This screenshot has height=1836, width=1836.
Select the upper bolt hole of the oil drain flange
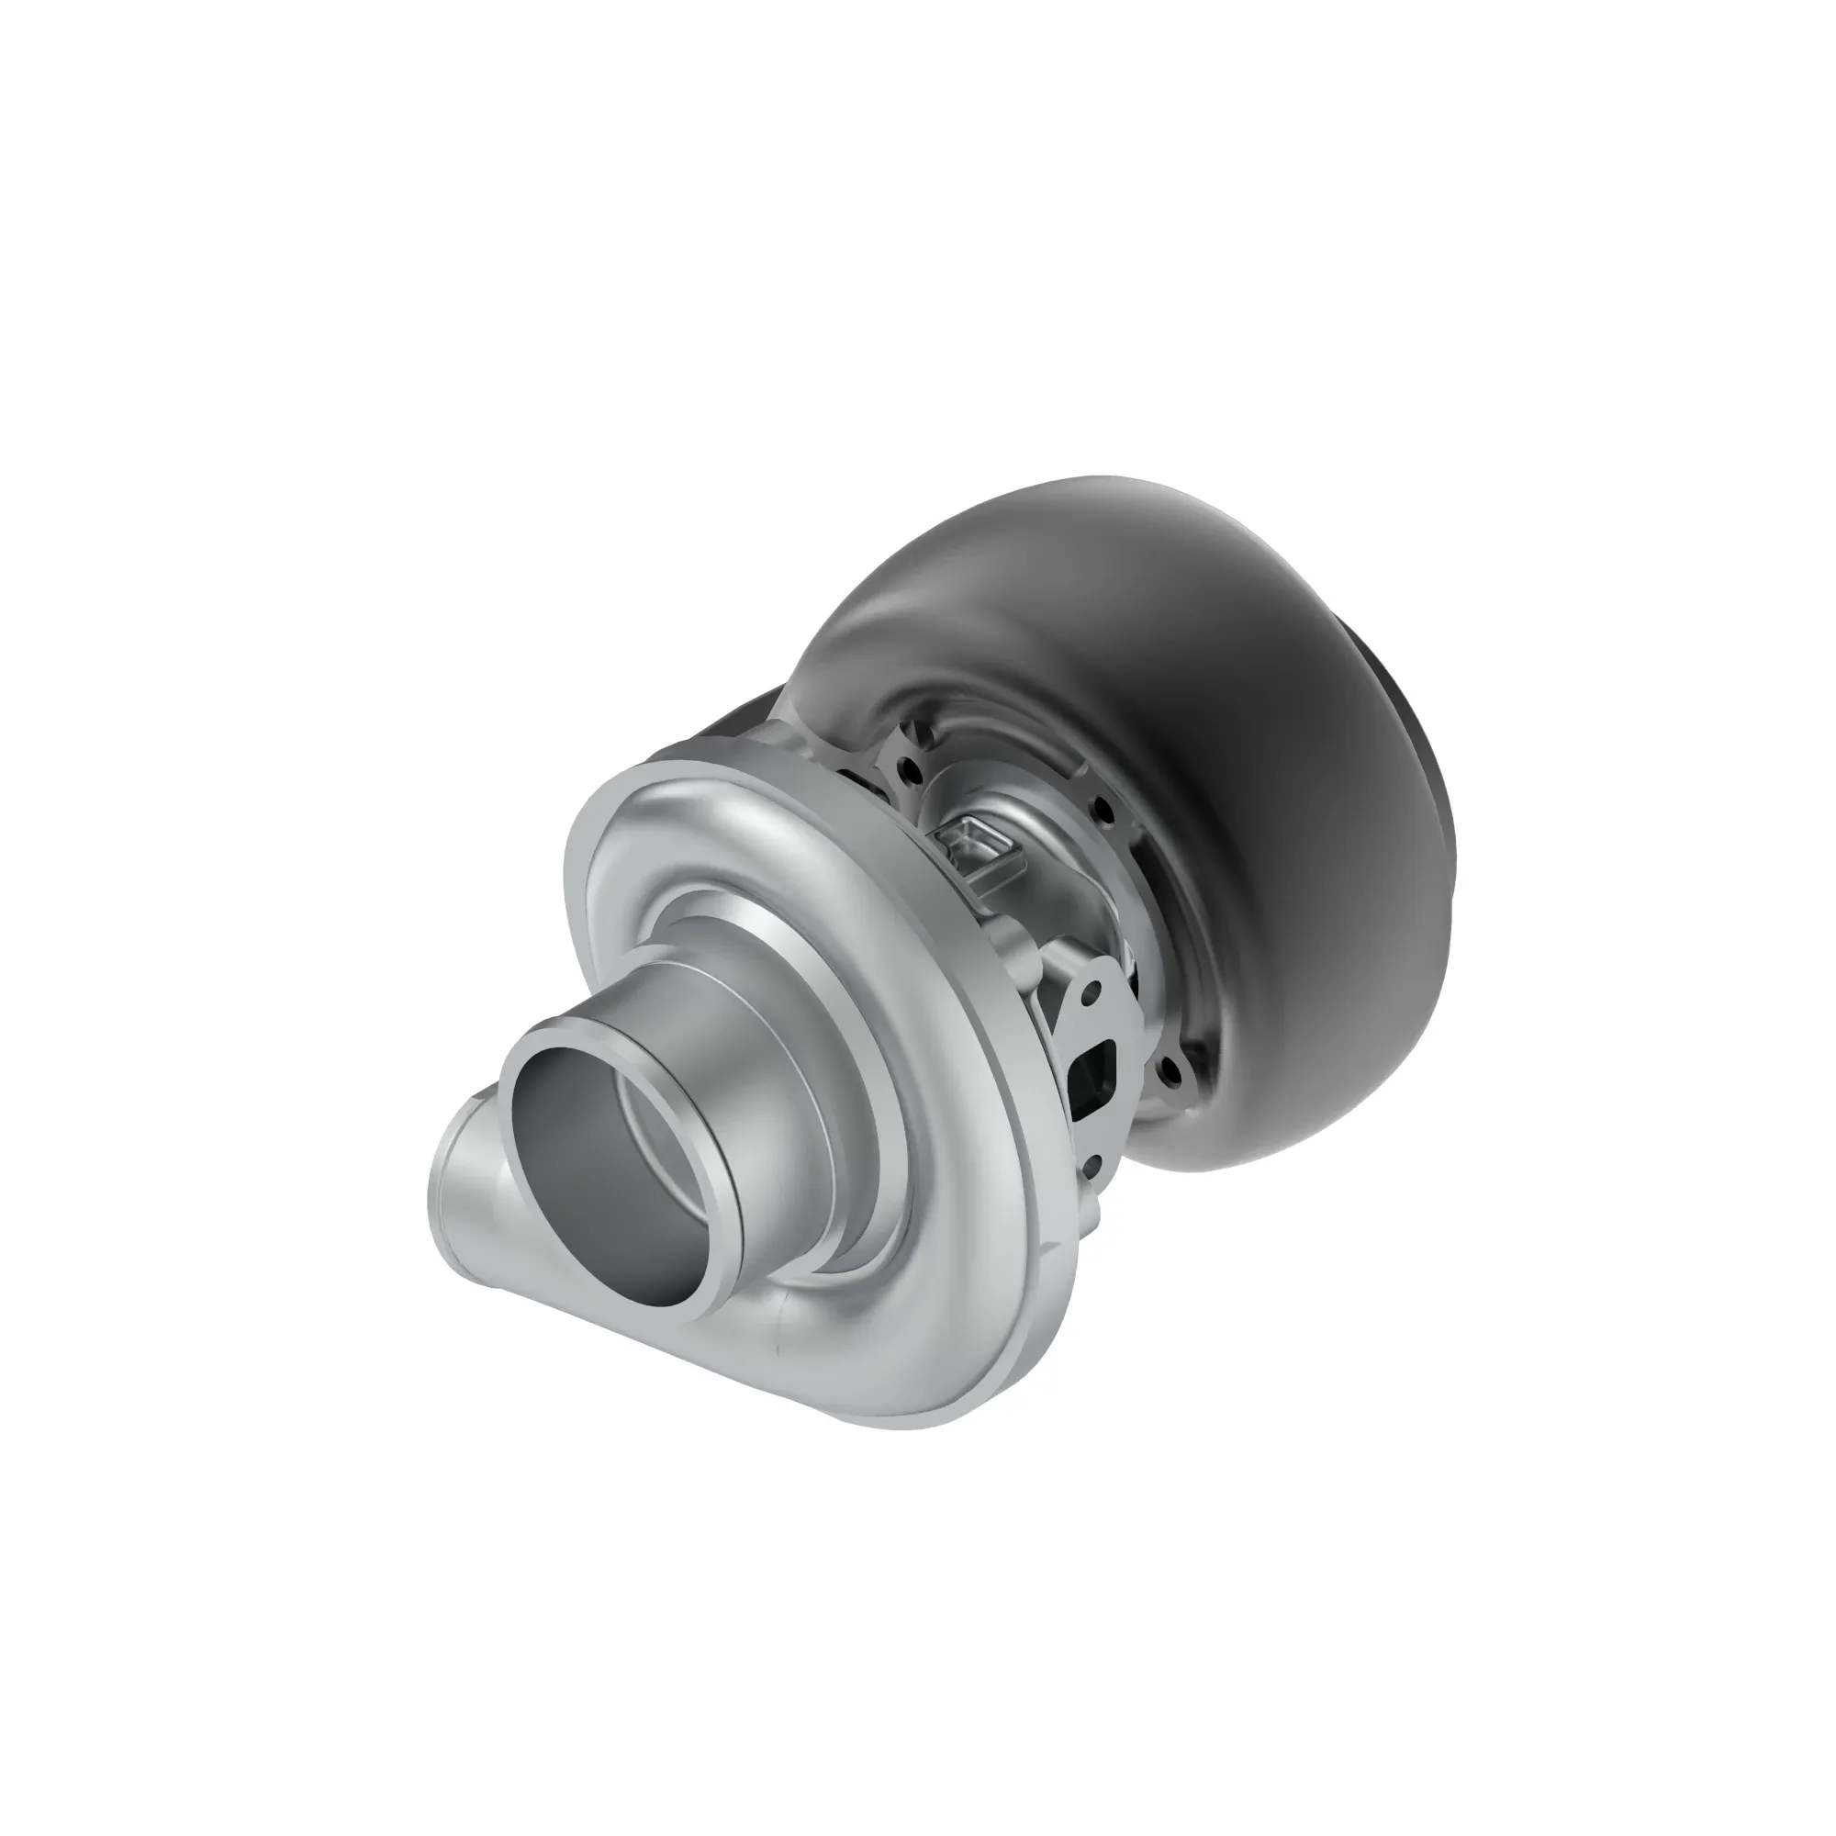point(1092,993)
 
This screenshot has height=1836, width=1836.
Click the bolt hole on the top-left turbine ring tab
point(910,771)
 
